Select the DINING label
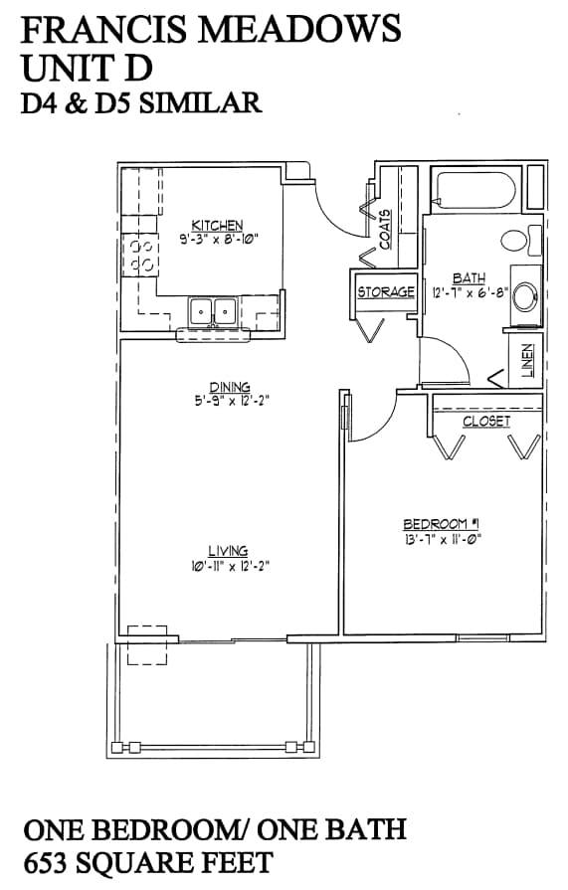229,388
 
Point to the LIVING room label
228,551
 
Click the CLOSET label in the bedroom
485,422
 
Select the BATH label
468,279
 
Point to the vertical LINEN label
527,360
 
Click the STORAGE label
385,292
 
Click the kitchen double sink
213,311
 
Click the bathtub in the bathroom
473,189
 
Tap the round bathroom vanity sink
526,295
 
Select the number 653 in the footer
53,861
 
